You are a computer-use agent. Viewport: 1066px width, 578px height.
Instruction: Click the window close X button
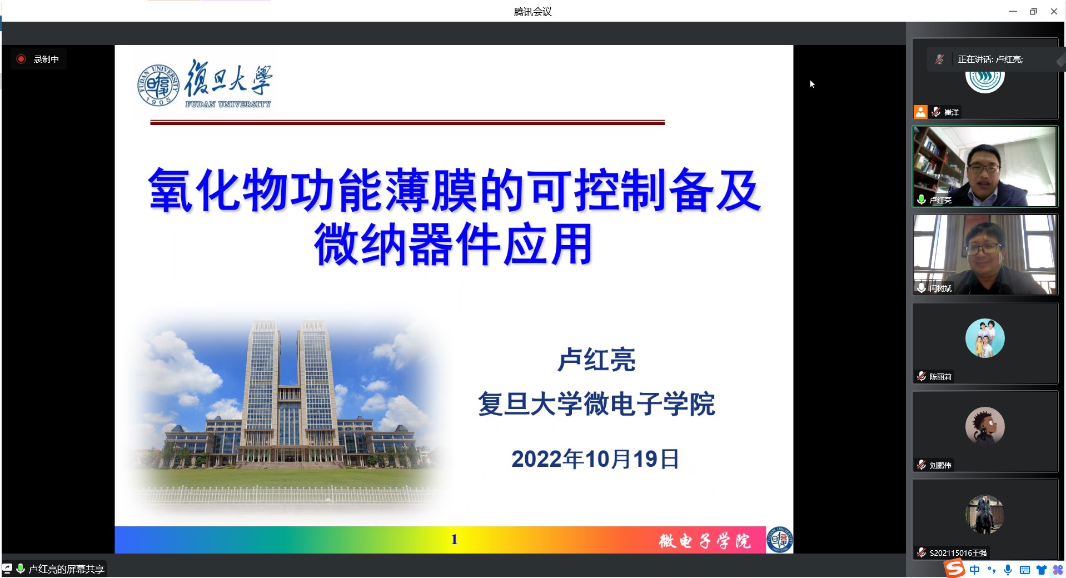[1054, 11]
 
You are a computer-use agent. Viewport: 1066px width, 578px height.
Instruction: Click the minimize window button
[1013, 11]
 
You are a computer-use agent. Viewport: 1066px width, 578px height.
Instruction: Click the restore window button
[1033, 11]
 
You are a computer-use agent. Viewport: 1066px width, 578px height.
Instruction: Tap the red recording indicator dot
[21, 59]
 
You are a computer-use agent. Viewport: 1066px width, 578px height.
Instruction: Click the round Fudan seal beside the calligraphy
[158, 85]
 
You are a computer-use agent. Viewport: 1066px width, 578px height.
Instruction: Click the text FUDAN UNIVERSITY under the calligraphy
[228, 104]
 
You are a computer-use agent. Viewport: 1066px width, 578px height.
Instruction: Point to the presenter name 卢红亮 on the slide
[596, 360]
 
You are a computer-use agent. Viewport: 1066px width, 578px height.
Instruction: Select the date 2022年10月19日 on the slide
[595, 459]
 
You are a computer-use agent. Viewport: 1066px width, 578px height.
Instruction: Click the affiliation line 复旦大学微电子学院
[596, 403]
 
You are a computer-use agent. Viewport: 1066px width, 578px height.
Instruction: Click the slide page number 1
[454, 539]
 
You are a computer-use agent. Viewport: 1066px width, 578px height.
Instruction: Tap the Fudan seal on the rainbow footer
[779, 539]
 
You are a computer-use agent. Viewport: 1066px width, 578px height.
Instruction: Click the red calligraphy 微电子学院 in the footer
[705, 541]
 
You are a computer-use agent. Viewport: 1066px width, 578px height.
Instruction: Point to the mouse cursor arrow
[812, 84]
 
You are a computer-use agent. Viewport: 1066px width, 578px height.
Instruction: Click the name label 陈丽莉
[940, 377]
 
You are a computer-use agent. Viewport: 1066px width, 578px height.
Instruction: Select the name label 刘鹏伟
[940, 465]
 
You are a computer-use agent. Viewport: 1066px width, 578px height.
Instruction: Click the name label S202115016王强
[958, 553]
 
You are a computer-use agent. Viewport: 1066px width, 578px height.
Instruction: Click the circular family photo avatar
[985, 338]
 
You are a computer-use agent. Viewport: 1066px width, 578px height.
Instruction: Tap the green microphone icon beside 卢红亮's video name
[921, 200]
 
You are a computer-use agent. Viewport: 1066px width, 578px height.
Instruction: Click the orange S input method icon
[955, 569]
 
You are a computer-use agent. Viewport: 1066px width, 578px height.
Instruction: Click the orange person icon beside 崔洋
[920, 112]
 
